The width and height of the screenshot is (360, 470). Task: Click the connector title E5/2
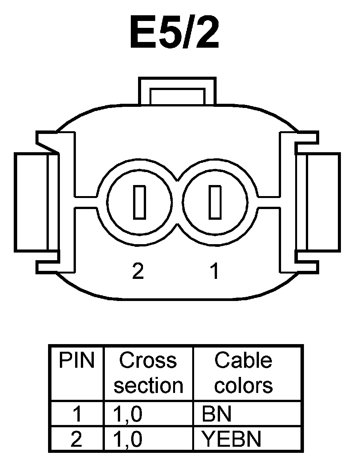[x=175, y=32]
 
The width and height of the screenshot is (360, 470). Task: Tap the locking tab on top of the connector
[x=177, y=92]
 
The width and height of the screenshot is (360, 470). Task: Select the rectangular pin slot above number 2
[x=140, y=202]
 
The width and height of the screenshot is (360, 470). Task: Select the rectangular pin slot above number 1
[x=215, y=202]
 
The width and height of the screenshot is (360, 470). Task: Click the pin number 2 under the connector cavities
[x=138, y=271]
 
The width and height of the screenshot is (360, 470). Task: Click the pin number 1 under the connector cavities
[x=215, y=271]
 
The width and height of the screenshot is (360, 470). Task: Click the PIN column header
[x=76, y=361]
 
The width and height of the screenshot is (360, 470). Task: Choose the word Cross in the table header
[x=148, y=361]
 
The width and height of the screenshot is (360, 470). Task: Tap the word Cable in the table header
[x=243, y=361]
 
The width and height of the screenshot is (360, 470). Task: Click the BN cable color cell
[x=217, y=414]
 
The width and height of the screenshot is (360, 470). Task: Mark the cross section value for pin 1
[x=128, y=414]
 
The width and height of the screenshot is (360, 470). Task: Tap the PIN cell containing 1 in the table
[x=77, y=414]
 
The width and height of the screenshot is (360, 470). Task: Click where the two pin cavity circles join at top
[x=177, y=180]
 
